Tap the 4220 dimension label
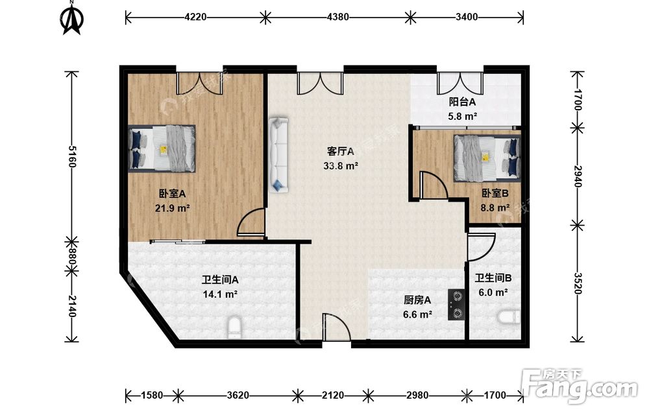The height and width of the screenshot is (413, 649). coord(195,17)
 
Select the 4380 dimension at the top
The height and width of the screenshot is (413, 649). coord(337,17)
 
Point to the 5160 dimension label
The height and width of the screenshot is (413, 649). coord(71,156)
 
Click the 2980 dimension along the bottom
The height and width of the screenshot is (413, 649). coord(417,395)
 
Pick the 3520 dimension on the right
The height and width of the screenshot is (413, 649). coord(578,283)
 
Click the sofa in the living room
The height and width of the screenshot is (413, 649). coord(278,155)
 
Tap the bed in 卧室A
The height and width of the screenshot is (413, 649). coord(162,148)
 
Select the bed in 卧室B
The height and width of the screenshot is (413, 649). coord(487,158)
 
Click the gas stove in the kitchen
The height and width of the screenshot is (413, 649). coord(456,305)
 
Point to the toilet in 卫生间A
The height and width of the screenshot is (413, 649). coord(234,327)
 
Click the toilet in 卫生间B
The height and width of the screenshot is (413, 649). coord(509,318)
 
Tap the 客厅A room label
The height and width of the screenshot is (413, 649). coord(341,151)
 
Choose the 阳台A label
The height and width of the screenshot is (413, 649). coord(462,102)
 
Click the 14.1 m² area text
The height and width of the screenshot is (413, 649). coord(220,294)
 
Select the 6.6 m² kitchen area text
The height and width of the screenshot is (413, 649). coord(417,314)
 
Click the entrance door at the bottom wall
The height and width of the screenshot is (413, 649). coord(336,328)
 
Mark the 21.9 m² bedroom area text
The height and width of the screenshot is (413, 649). coord(172,208)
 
